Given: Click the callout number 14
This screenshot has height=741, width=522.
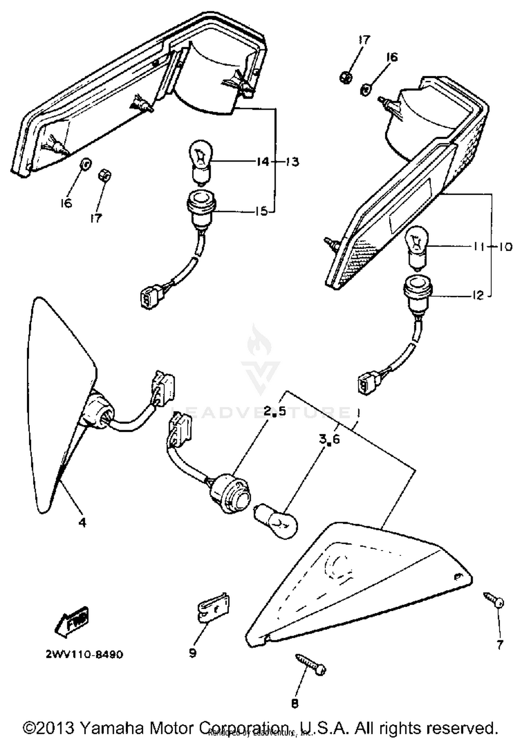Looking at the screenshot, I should tap(263, 162).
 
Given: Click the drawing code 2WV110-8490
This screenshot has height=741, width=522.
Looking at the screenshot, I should tap(84, 655).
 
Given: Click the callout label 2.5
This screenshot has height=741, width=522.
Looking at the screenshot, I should tap(274, 412).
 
